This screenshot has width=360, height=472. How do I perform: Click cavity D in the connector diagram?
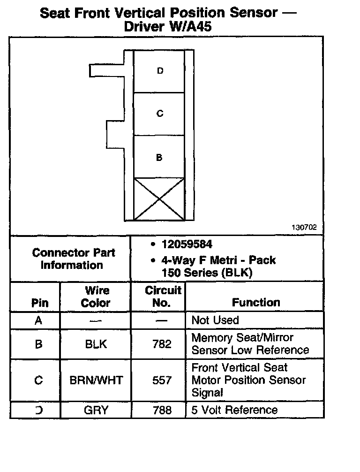point(159,71)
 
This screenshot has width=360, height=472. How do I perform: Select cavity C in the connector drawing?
point(159,114)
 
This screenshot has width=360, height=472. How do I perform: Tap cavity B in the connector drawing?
point(159,157)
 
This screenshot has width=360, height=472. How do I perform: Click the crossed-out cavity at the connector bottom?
point(159,199)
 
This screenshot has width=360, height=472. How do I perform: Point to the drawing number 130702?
point(304,227)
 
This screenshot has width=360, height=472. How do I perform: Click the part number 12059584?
point(187,244)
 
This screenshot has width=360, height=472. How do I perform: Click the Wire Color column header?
point(96,297)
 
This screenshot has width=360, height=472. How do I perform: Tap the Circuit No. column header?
point(162,297)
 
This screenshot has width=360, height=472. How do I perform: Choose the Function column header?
point(256,303)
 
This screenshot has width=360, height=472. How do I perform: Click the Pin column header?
point(39,303)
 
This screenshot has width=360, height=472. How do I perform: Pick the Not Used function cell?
point(215,320)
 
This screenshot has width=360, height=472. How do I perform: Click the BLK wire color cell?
point(96,344)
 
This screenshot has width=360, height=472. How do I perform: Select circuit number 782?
point(162,344)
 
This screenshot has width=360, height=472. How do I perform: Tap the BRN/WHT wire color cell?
point(96,380)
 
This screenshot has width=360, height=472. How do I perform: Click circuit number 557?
point(162,380)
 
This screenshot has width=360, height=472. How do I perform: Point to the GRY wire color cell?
point(96,410)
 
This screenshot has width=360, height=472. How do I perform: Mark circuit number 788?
point(162,410)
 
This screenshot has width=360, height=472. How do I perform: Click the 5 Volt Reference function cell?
point(234,410)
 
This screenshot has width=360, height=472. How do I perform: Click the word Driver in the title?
point(143,27)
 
